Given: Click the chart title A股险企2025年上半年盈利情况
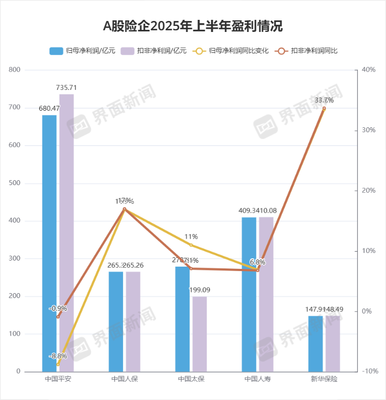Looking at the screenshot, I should click(193, 26).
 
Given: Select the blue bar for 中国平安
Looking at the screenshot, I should click(50, 242).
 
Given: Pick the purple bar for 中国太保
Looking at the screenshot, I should click(200, 333).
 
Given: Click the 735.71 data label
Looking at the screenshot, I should click(67, 88).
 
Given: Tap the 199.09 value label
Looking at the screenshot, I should click(200, 290).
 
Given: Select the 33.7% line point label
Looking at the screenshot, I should click(324, 100).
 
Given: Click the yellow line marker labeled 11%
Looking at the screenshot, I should click(191, 245).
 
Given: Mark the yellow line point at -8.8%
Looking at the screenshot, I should click(58, 364).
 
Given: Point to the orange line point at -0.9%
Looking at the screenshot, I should click(58, 317).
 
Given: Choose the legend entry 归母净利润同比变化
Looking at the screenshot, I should click(232, 51).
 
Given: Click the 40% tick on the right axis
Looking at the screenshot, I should click(368, 70).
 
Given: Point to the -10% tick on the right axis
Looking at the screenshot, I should click(368, 371).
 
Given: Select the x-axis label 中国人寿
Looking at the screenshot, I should click(258, 380).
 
